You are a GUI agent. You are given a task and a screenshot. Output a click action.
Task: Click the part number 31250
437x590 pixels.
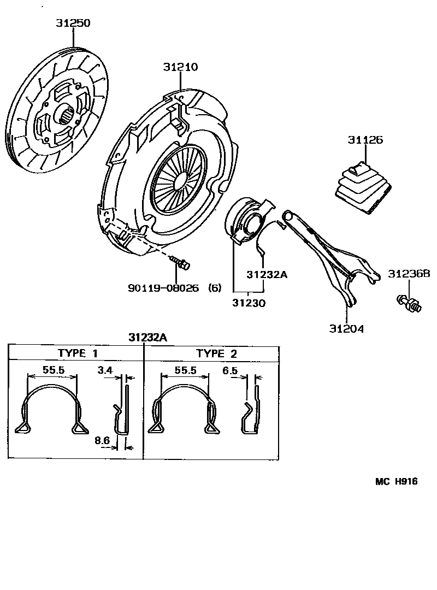click(x=73, y=23)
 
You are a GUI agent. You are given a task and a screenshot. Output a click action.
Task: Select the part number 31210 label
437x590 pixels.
click(x=180, y=67)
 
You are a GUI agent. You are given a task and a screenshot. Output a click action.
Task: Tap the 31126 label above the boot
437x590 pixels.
click(x=365, y=140)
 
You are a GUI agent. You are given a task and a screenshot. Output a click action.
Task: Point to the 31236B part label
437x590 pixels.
click(x=409, y=274)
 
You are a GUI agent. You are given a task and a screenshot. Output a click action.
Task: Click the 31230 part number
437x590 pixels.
click(x=249, y=302)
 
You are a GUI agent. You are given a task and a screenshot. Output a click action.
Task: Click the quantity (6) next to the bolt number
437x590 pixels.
click(x=215, y=288)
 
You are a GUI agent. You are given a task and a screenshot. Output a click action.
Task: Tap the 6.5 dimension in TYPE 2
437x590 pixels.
click(x=231, y=370)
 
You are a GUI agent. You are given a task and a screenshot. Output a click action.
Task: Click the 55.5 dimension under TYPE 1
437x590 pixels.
click(x=54, y=370)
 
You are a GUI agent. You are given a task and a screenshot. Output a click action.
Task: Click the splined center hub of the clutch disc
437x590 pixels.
click(x=67, y=115)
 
